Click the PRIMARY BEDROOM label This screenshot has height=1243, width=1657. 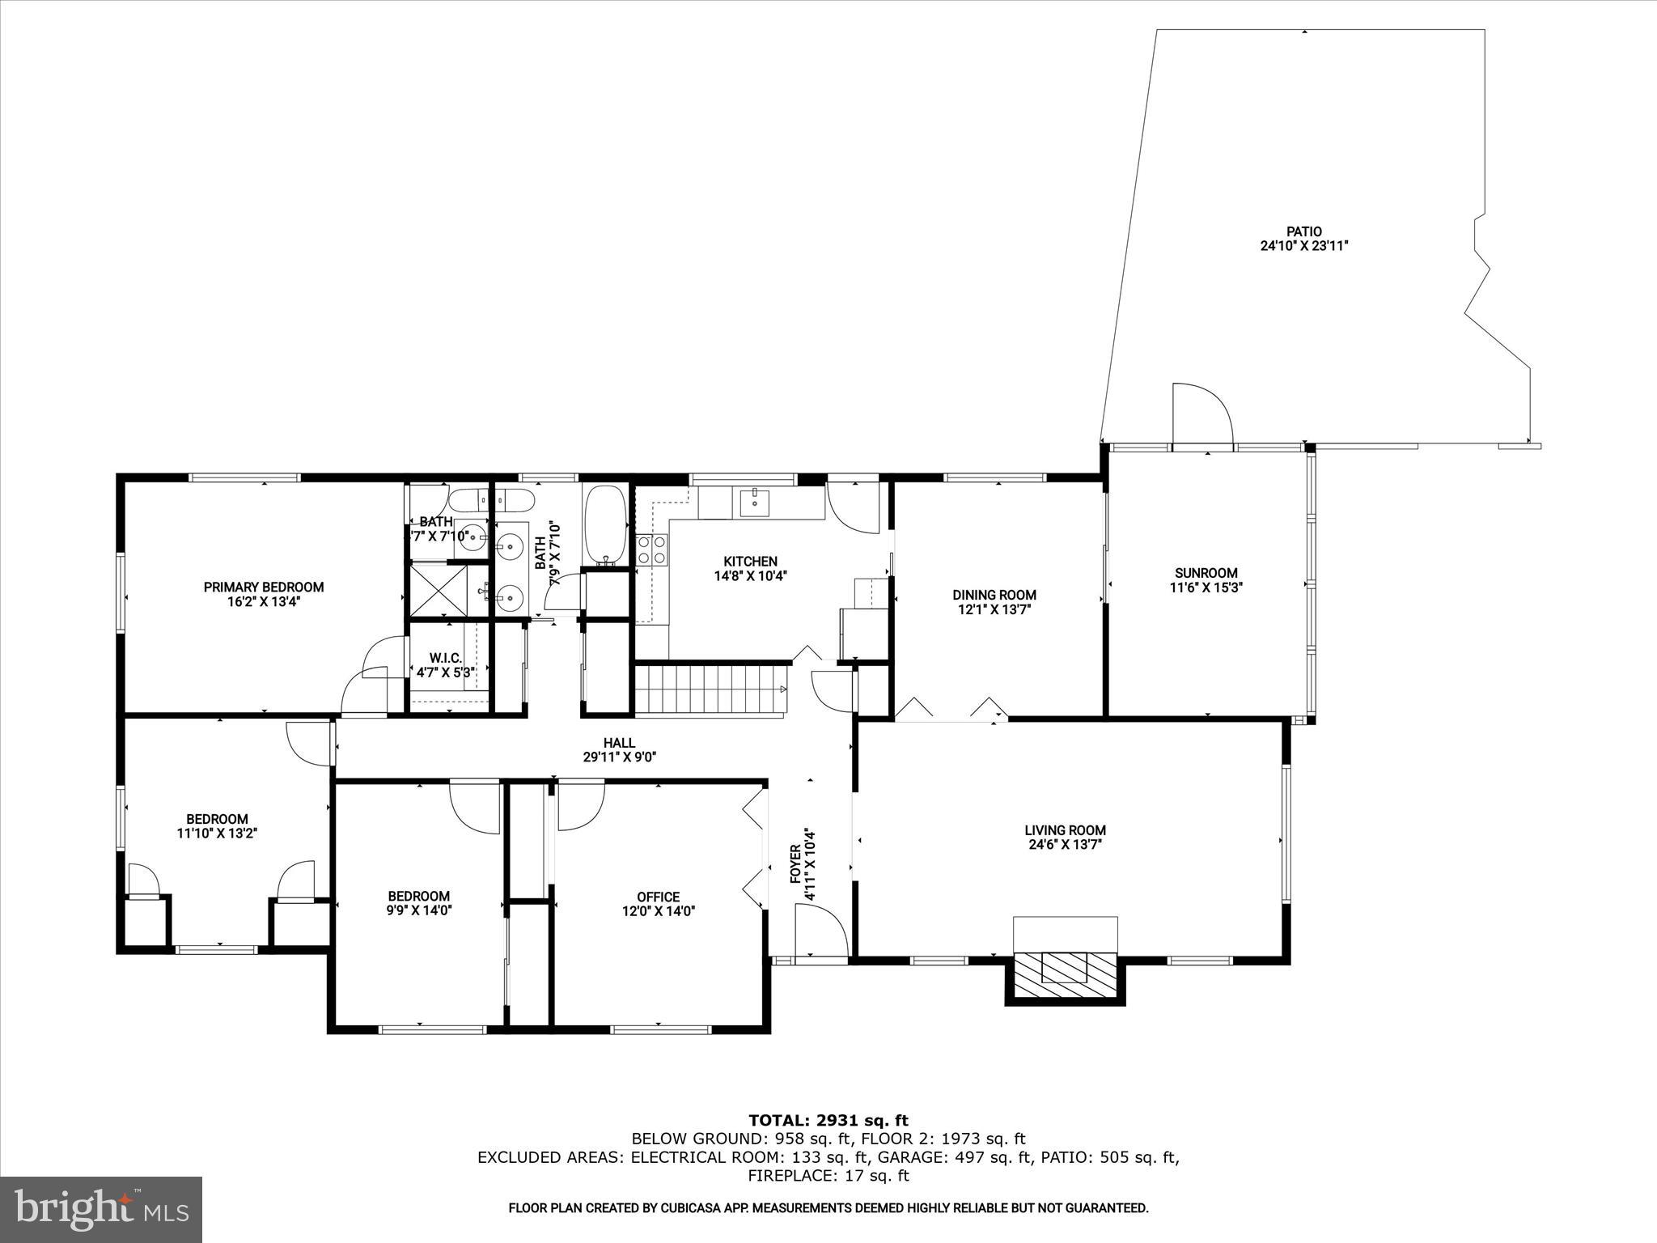point(263,587)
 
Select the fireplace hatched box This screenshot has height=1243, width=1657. point(1065,967)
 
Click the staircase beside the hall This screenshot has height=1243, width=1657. point(710,689)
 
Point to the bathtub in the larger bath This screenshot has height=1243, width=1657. point(604,524)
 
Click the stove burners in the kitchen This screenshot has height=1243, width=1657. point(652,549)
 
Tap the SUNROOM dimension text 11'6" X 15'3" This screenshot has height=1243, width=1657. point(1206,588)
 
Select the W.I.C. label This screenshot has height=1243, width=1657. point(444,658)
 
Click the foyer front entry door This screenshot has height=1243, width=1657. point(820,931)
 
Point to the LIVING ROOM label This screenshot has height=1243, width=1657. point(1065,829)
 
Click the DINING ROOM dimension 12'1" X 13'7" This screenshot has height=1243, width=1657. point(994,609)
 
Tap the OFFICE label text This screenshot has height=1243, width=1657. point(658,897)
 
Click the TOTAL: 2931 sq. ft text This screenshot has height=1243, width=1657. point(828,1120)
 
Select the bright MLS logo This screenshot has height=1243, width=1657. point(101,1209)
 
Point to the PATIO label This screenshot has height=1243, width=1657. point(1304,231)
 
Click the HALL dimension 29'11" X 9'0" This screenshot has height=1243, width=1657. point(619,757)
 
